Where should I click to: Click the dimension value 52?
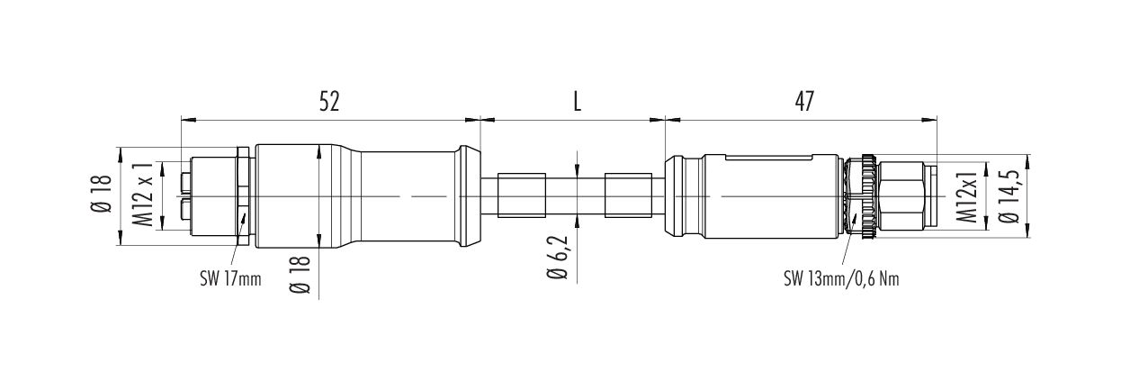[x=328, y=102]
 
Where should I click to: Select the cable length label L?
[x=577, y=102]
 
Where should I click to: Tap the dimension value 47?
[x=804, y=102]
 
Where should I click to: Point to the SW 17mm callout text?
[x=230, y=279]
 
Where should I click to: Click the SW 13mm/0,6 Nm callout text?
[x=841, y=279]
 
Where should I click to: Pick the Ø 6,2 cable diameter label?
[x=558, y=258]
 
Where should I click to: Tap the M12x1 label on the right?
[x=967, y=196]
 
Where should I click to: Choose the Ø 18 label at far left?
[x=102, y=195]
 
